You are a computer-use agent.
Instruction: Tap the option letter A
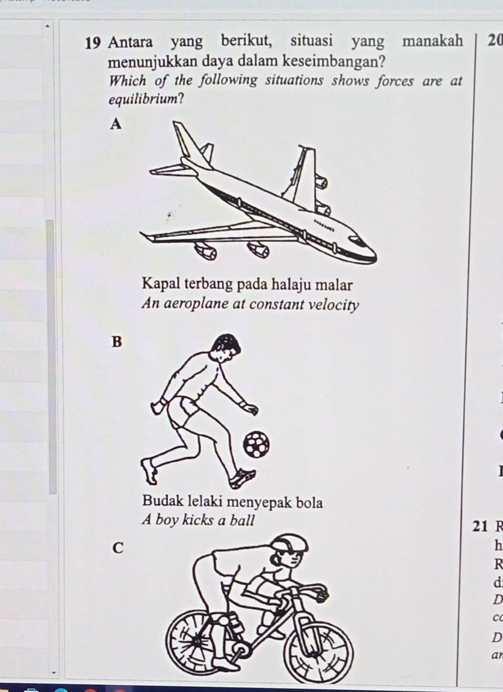coord(117,123)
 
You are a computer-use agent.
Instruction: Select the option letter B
coord(117,342)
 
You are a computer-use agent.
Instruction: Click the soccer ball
coord(256,445)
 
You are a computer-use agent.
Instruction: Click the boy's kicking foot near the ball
coord(242,478)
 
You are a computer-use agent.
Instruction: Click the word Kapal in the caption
coord(161,285)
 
